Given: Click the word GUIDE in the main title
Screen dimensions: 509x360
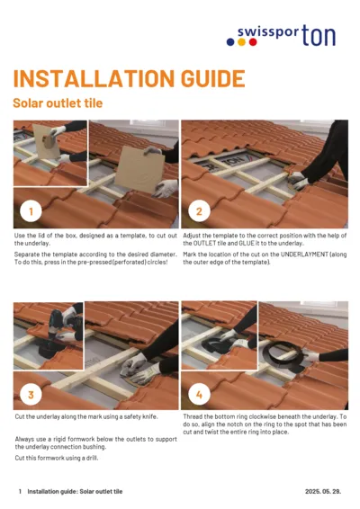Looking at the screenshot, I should (201, 79).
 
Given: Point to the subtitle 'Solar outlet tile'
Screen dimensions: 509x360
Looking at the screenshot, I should (58, 103).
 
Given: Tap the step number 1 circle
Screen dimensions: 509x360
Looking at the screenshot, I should (31, 212).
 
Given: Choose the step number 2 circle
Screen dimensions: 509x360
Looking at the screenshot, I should (198, 212).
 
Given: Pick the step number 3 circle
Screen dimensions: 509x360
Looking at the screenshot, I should (31, 394).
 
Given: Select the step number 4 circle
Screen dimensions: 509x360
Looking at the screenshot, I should (198, 394).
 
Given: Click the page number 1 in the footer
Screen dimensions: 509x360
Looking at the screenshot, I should (20, 492).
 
